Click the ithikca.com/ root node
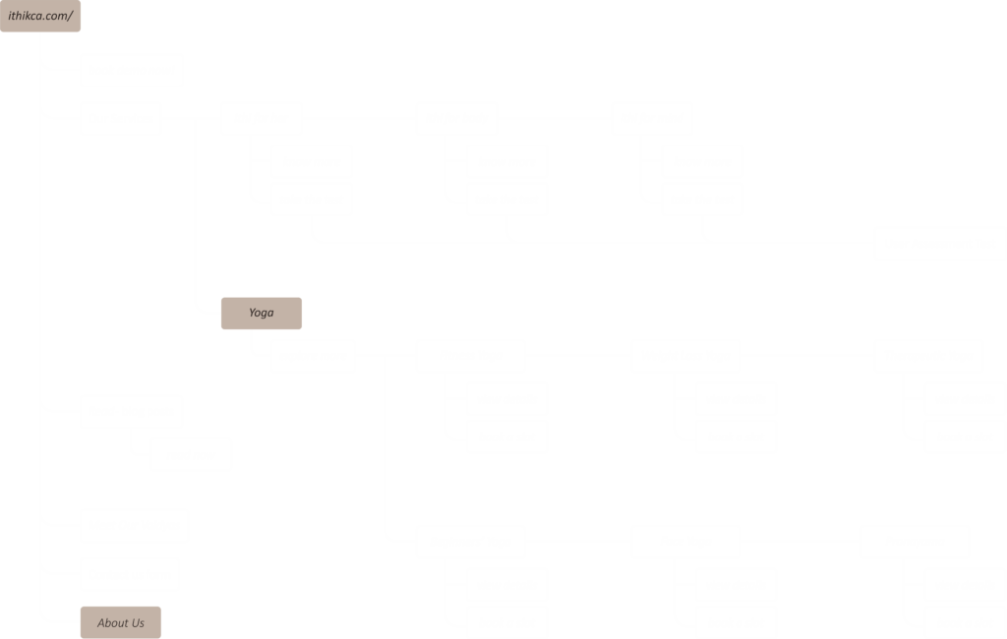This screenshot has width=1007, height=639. (x=39, y=16)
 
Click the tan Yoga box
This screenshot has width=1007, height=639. (x=261, y=314)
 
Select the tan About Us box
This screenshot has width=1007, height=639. (x=120, y=622)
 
